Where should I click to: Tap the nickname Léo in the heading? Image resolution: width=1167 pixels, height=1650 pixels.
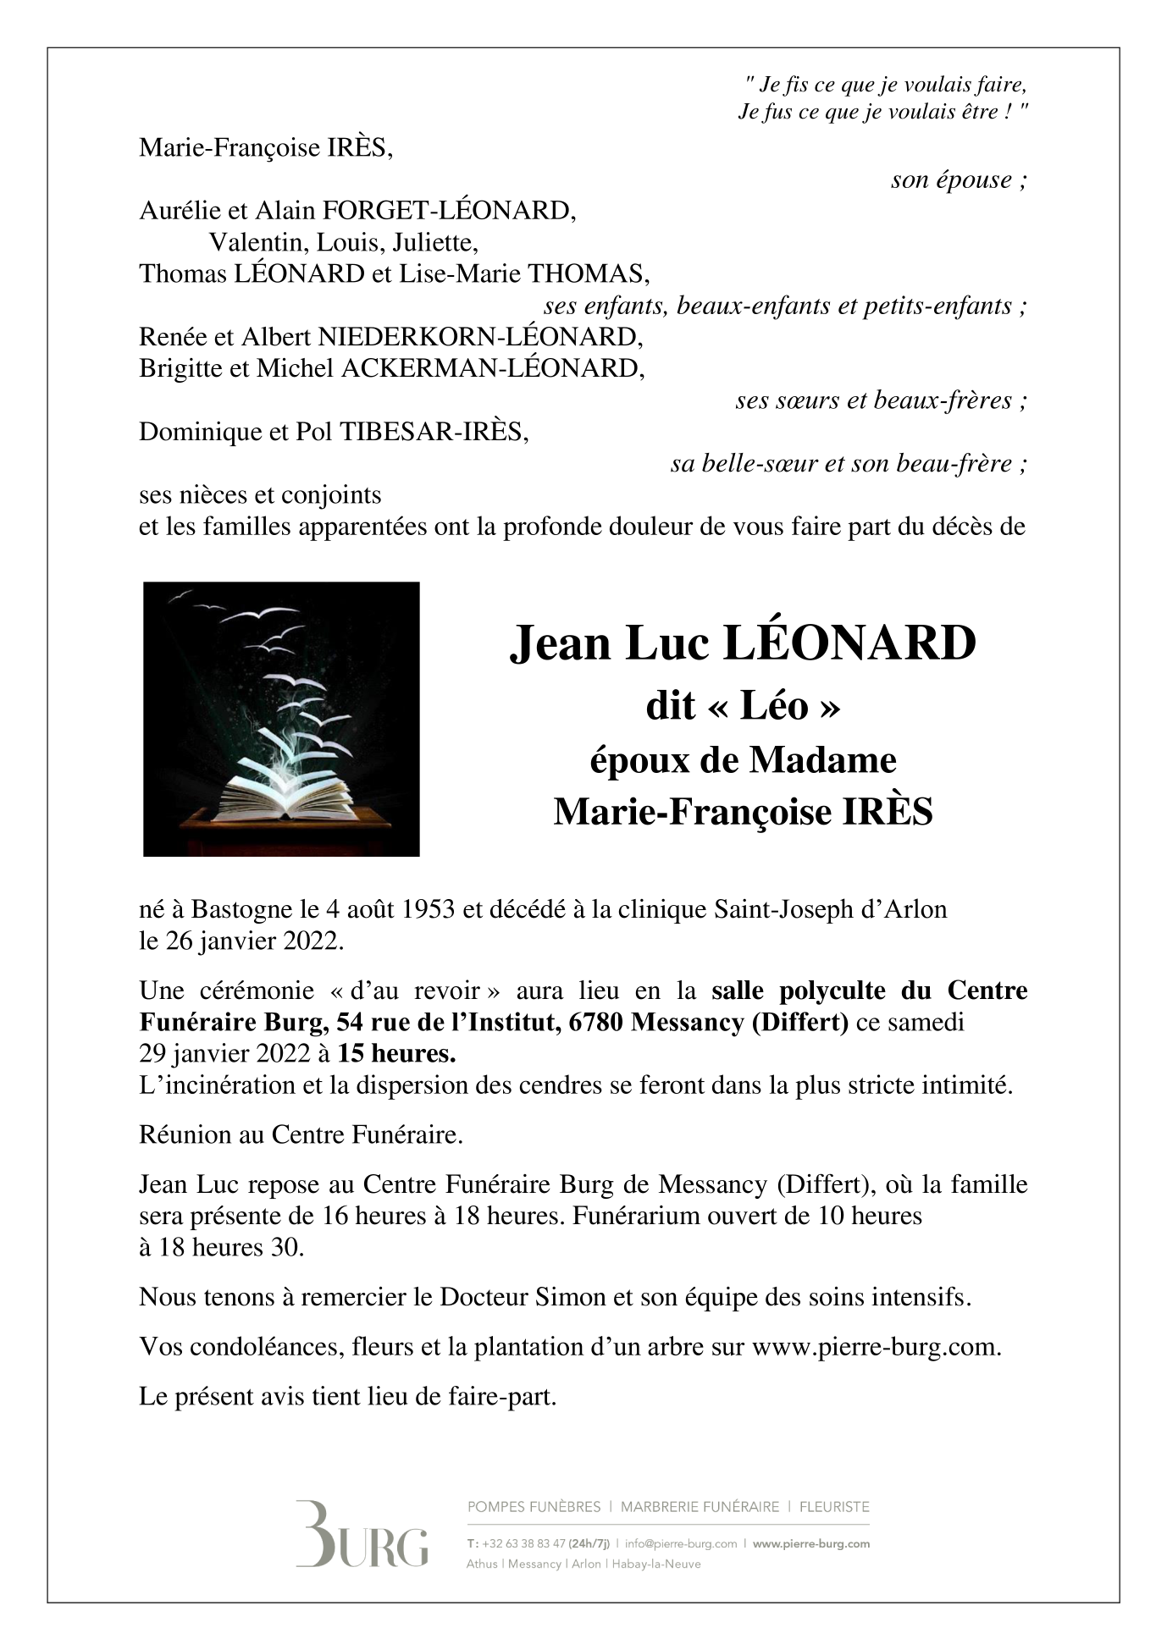click(x=774, y=705)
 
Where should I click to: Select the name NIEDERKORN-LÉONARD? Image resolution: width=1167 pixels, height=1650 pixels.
click(x=479, y=337)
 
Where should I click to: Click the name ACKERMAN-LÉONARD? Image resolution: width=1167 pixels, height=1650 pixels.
click(x=491, y=368)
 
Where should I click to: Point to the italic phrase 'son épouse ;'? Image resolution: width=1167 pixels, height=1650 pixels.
click(x=959, y=179)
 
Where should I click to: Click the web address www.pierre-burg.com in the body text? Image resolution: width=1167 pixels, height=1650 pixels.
click(x=876, y=1346)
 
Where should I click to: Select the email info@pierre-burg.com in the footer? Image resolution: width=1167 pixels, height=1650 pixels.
click(x=681, y=1543)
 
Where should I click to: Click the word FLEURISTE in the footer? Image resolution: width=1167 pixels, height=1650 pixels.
click(x=833, y=1507)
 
